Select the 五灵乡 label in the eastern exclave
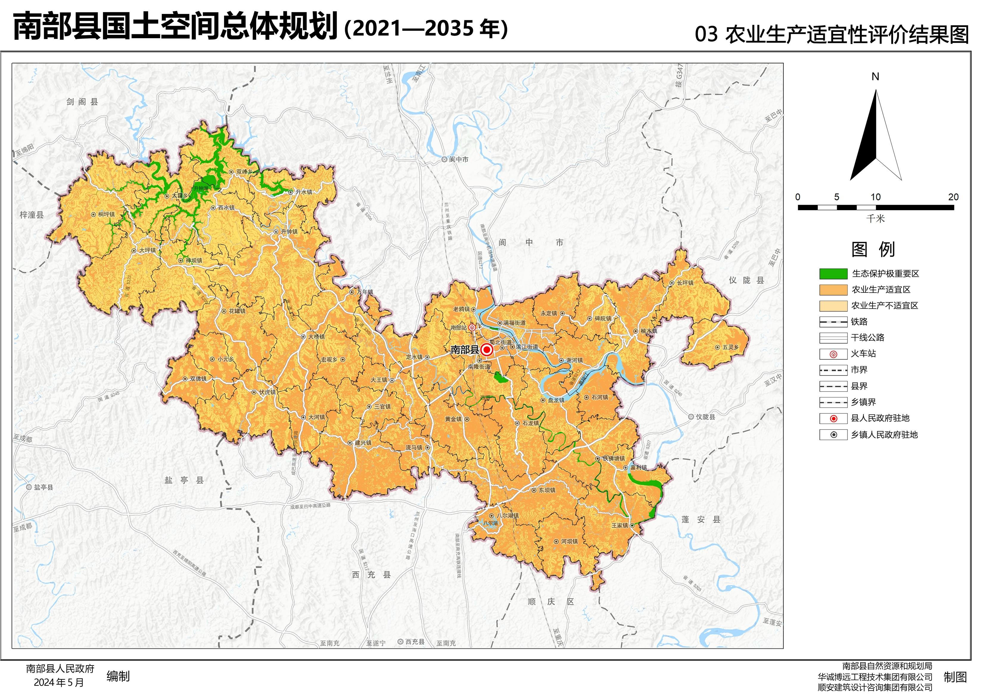click(x=730, y=347)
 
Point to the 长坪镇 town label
click(x=685, y=283)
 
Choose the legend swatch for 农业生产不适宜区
click(x=833, y=306)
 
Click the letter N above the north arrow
click(x=875, y=77)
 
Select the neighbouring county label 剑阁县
click(x=82, y=102)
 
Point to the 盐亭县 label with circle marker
click(x=43, y=487)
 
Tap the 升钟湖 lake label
click(x=200, y=188)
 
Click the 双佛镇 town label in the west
click(x=198, y=379)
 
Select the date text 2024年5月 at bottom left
click(x=59, y=682)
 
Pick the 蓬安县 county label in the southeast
click(x=701, y=520)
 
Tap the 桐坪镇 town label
click(x=106, y=214)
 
